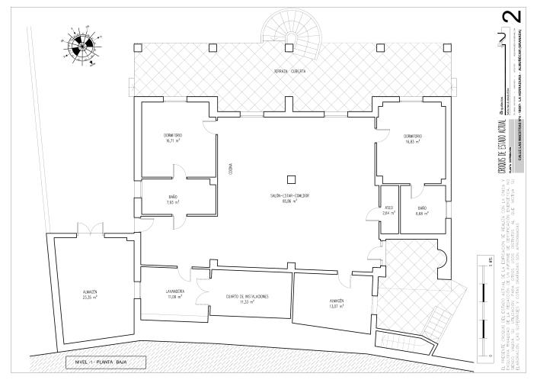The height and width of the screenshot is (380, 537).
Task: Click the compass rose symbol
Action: click(78, 49)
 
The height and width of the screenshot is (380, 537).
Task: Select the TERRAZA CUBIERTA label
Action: click(290, 71)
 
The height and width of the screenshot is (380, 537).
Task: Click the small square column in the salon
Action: click(291, 179)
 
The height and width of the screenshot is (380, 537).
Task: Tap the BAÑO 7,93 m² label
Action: click(173, 201)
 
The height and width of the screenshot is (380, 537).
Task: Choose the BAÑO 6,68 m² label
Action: click(422, 211)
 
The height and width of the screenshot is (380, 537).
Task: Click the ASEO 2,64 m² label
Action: click(388, 211)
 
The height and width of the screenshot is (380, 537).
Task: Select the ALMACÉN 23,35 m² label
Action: click(90, 295)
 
